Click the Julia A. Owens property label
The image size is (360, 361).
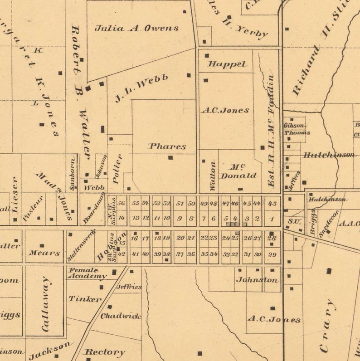136,28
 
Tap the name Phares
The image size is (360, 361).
167,146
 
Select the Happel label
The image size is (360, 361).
227,64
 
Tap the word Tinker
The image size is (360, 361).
85,299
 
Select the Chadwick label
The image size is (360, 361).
121,316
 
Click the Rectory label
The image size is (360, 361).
105,351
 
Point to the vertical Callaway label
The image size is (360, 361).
45,303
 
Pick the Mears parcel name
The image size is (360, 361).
44,253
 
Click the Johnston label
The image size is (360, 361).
257,280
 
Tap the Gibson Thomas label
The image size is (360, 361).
297,129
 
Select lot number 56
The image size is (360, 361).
121,203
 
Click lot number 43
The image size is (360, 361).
272,204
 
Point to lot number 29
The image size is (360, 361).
272,255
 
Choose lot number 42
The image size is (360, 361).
121,254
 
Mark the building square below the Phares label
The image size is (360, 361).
170,158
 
